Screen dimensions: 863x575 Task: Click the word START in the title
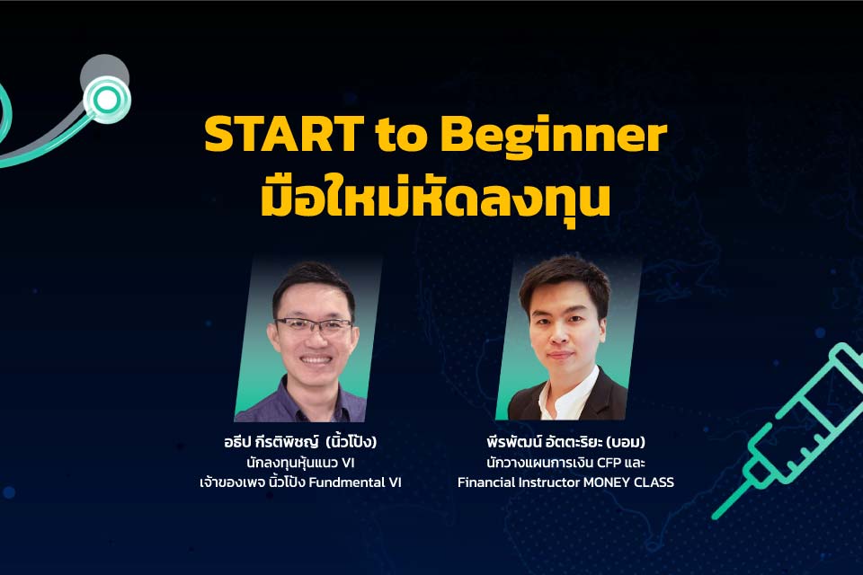(283, 134)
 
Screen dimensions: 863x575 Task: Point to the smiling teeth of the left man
(316, 360)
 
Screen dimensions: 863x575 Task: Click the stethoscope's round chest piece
(106, 100)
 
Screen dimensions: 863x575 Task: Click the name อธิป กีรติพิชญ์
(271, 442)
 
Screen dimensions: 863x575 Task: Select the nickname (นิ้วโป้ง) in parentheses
(351, 441)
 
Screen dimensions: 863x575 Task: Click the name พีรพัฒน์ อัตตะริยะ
(544, 442)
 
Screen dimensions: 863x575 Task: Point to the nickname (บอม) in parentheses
(626, 442)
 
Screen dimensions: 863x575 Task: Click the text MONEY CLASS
(628, 482)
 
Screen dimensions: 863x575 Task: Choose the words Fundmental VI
(355, 482)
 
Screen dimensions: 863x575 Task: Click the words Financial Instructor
(519, 482)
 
